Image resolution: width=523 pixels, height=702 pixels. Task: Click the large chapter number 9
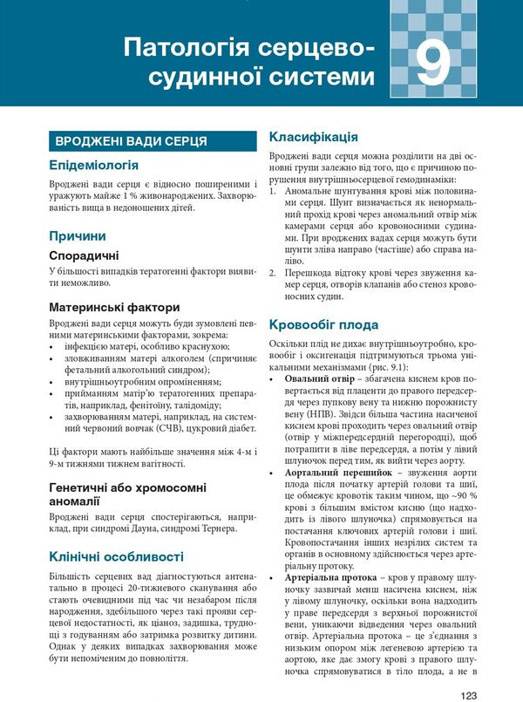point(432,64)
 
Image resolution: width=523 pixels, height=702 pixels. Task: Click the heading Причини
point(78,235)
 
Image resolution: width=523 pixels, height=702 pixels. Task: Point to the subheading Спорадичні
point(84,256)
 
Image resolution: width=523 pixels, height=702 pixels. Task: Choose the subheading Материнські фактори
point(114,307)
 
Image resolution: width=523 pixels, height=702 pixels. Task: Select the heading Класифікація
point(313,137)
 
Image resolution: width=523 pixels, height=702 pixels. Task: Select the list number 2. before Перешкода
point(273,272)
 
